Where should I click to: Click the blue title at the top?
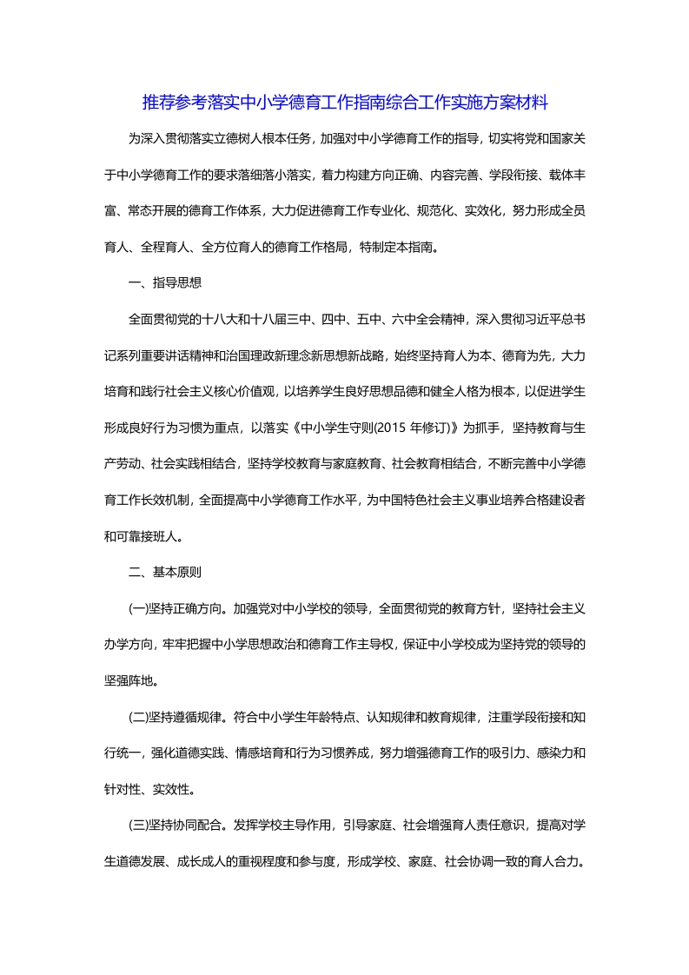click(345, 103)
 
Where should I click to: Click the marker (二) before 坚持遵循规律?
click(138, 717)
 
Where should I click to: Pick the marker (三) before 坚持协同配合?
click(138, 826)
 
